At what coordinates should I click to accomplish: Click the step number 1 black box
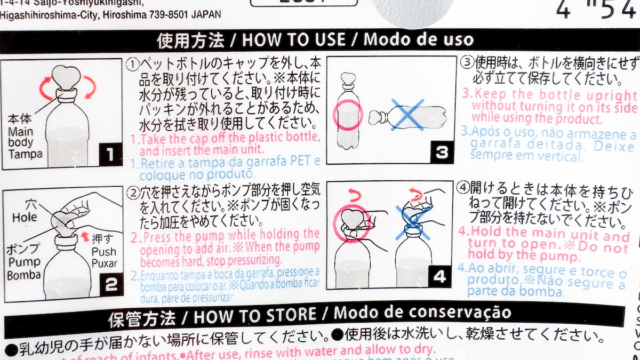(x=109, y=155)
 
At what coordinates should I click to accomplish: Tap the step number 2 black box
(x=110, y=284)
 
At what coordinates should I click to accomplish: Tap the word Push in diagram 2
(x=103, y=252)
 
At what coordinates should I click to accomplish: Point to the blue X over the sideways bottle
(x=406, y=115)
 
